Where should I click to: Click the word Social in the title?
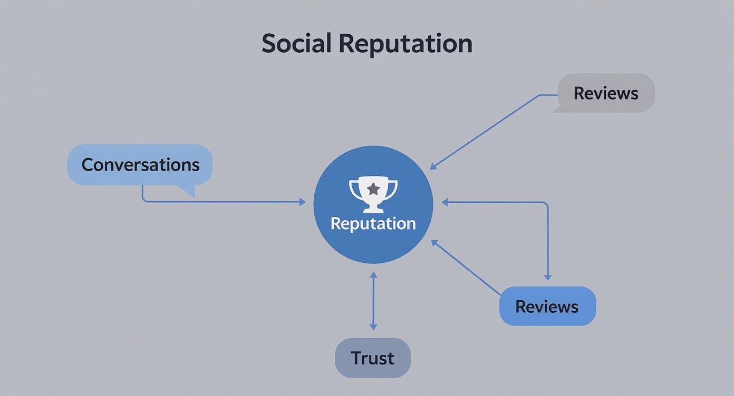click(x=297, y=43)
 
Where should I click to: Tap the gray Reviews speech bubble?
click(x=606, y=93)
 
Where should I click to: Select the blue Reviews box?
click(x=547, y=306)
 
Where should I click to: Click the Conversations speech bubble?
click(x=140, y=164)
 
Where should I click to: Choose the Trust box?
click(x=372, y=358)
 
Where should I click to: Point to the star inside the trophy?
click(x=373, y=189)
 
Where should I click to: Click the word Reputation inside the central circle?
click(x=373, y=223)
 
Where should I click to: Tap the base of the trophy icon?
click(x=373, y=209)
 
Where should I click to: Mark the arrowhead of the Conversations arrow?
click(x=303, y=202)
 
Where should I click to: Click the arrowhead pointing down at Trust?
click(x=373, y=327)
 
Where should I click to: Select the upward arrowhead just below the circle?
click(x=373, y=275)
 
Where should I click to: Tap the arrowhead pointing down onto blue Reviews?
click(x=548, y=277)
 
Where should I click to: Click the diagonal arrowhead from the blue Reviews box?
click(x=434, y=242)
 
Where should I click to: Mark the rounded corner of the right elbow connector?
click(x=546, y=204)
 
